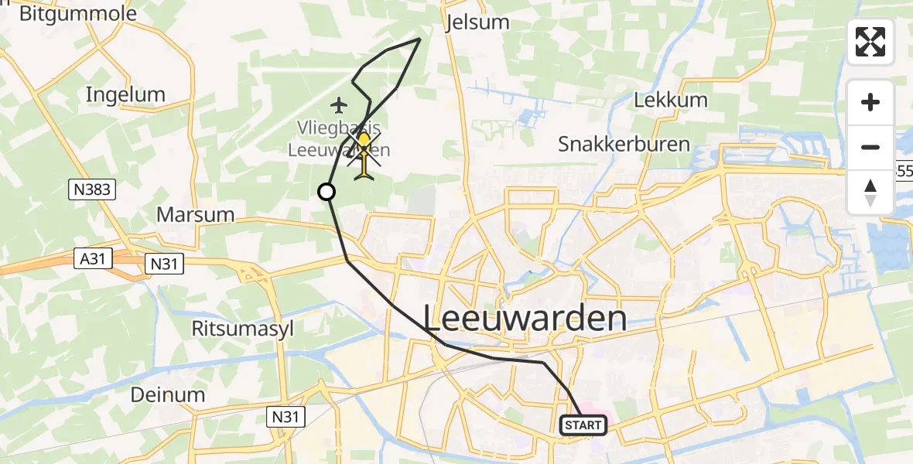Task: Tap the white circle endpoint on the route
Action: coord(327,192)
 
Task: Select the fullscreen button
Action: coord(870,42)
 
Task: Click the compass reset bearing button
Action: coord(870,193)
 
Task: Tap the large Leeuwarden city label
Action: coord(525,318)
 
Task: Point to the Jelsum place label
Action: coord(478,22)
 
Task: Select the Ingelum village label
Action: coord(125,95)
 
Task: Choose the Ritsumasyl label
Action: coord(243,328)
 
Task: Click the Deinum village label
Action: coord(167,394)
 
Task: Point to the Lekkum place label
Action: coord(670,100)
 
